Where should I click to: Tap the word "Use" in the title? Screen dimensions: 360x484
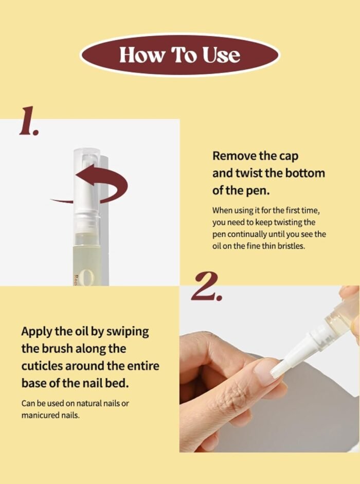tap(221, 55)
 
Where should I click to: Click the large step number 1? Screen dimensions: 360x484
tap(28, 121)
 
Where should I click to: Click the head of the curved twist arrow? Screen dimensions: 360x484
tap(84, 175)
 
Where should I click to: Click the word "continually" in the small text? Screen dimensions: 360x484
tap(247, 234)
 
